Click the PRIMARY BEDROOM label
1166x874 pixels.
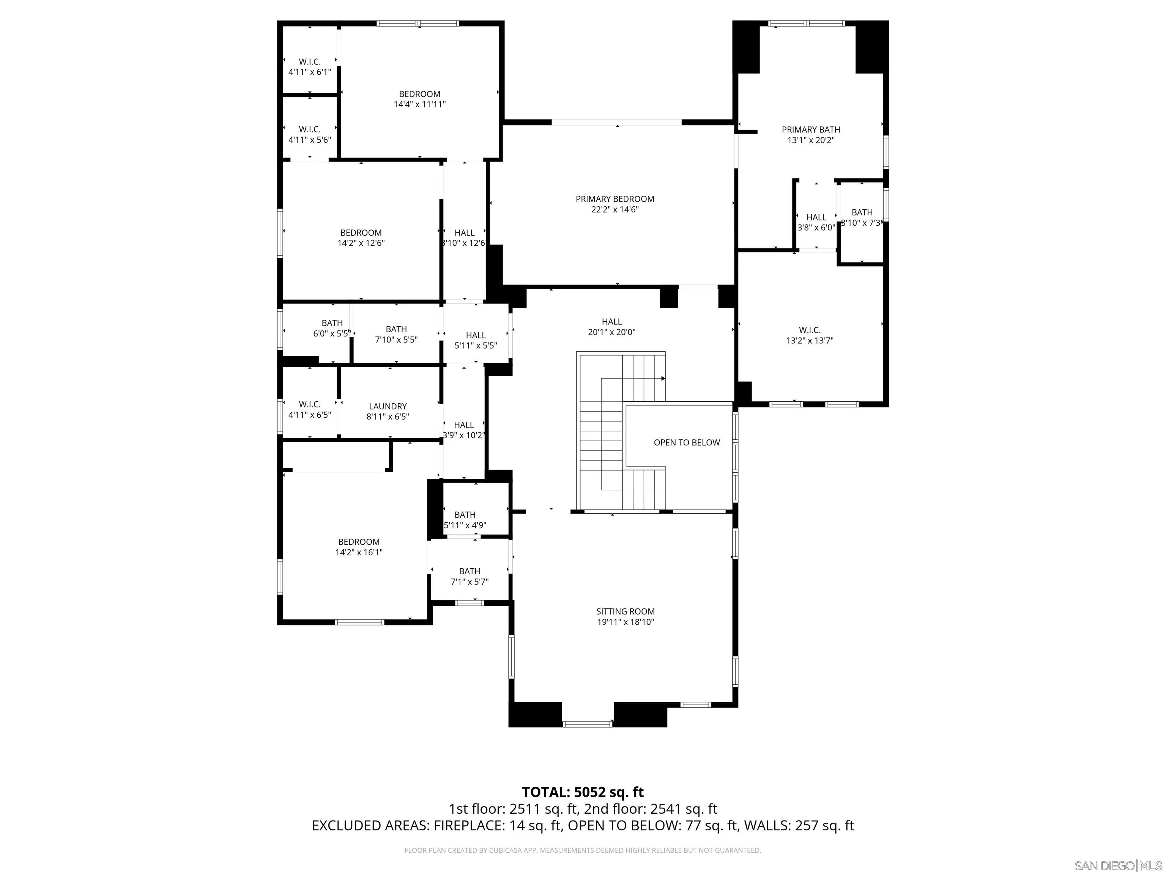(x=615, y=199)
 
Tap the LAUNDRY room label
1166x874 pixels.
(x=388, y=406)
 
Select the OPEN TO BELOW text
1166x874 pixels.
(x=686, y=443)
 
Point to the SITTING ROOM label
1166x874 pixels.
(x=625, y=611)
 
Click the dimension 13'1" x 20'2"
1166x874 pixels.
(x=811, y=140)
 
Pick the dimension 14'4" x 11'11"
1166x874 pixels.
(x=419, y=104)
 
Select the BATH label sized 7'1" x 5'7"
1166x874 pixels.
(x=469, y=571)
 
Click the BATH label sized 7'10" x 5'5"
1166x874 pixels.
(x=396, y=329)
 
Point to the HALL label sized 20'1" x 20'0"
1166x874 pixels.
(x=611, y=321)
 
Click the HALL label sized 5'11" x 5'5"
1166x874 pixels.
(x=476, y=335)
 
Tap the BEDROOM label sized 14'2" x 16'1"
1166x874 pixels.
(x=358, y=542)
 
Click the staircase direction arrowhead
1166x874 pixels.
(x=663, y=378)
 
